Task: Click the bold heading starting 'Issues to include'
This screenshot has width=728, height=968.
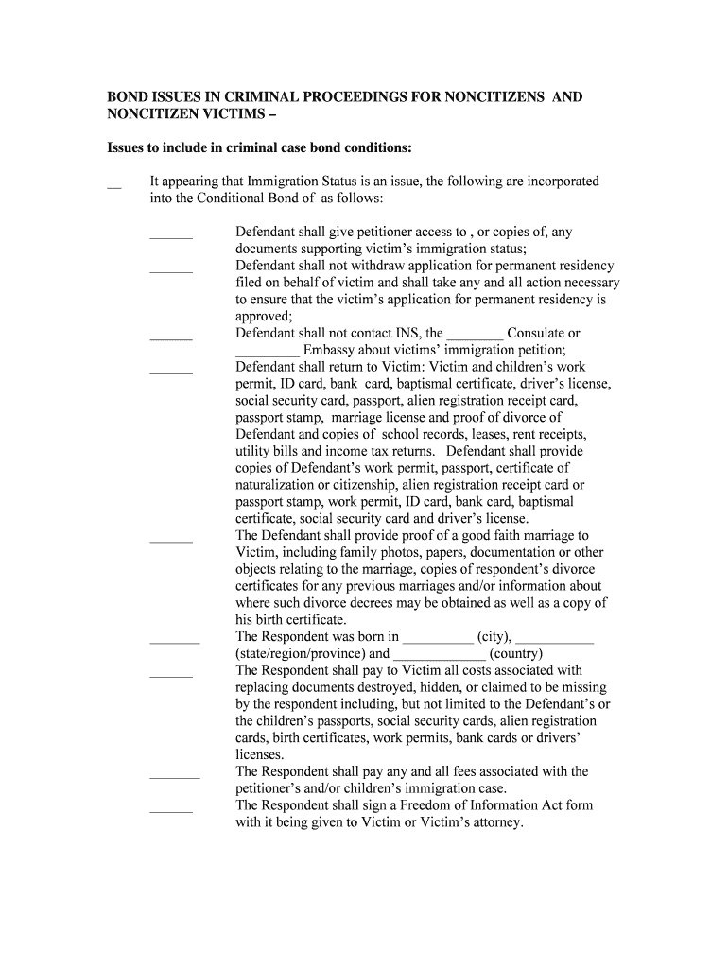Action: [x=258, y=148]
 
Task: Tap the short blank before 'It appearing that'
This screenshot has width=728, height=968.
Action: [x=114, y=186]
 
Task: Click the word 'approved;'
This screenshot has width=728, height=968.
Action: [x=264, y=317]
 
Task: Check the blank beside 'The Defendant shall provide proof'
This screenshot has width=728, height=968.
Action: [x=171, y=541]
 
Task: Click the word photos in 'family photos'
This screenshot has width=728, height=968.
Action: [x=387, y=553]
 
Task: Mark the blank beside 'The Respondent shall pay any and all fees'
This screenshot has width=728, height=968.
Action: [x=175, y=776]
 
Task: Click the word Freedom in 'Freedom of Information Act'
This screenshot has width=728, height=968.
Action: [x=404, y=805]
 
